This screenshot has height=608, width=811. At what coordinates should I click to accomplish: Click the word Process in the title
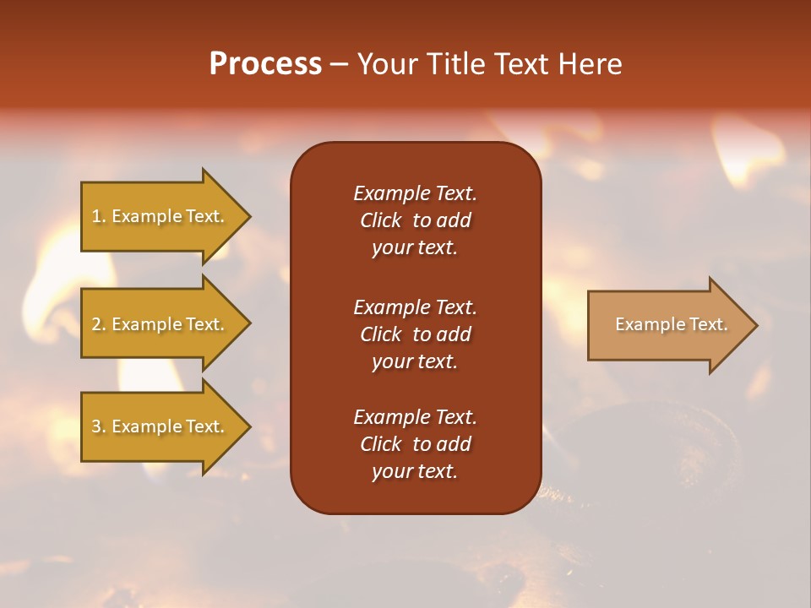[x=265, y=64]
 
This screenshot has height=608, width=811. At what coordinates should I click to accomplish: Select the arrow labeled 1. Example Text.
[x=161, y=216]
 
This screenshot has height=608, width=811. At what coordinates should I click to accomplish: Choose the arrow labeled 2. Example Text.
[x=161, y=324]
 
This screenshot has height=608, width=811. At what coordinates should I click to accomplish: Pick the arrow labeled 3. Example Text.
[x=161, y=426]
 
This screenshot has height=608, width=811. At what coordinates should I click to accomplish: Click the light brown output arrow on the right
[x=667, y=324]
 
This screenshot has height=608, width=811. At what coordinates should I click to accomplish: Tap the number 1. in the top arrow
[x=99, y=216]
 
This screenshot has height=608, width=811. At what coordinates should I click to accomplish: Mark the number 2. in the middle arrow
[x=99, y=324]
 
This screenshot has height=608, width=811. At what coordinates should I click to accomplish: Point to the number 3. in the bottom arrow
[x=99, y=426]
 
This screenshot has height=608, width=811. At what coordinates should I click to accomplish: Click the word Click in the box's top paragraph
[x=380, y=220]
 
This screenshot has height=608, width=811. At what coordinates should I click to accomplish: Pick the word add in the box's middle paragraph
[x=454, y=334]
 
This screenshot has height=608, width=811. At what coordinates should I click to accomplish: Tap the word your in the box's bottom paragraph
[x=389, y=472]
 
